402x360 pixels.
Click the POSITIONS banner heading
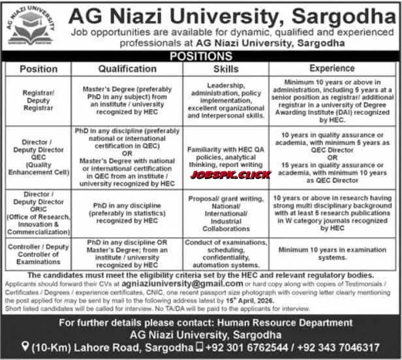point(201,57)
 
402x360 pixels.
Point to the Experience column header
point(332,68)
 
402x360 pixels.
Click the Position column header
point(39,68)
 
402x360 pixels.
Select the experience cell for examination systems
point(332,254)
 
